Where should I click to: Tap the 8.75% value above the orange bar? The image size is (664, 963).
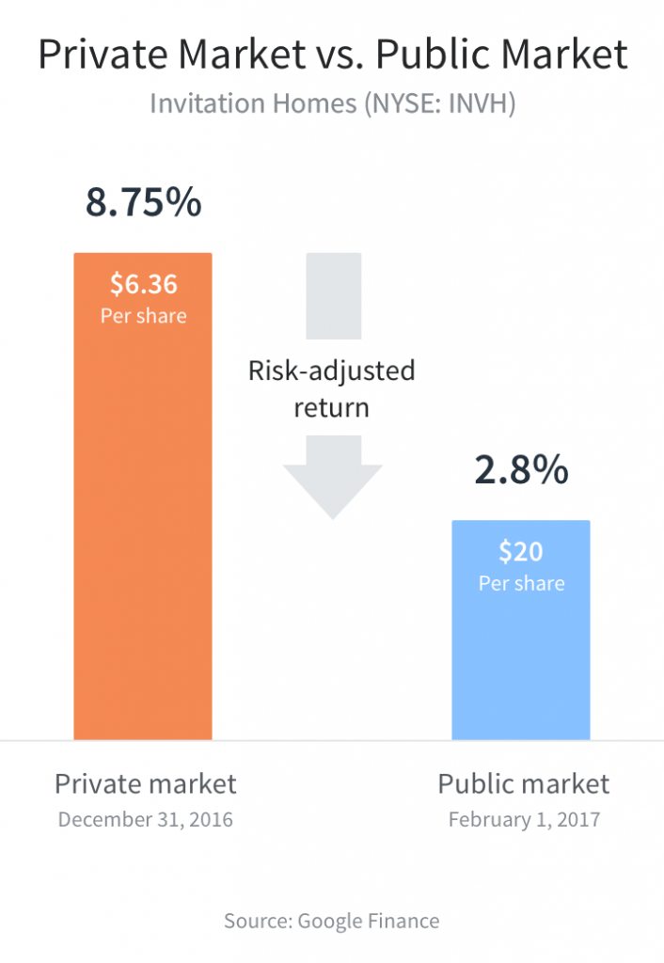coord(144,203)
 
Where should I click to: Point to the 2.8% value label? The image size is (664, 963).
coord(521,470)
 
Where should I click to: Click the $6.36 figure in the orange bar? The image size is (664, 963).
coord(144,283)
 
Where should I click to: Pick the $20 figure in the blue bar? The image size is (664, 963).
coord(521,551)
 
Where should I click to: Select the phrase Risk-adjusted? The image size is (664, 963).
coord(331,371)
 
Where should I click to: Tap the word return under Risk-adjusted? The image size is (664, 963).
coord(331,408)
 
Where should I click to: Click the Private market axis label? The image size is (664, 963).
coord(145,783)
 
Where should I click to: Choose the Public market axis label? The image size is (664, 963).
coord(524,783)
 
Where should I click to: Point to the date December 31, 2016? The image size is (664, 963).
coord(145,819)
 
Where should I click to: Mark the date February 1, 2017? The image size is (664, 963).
coord(524,819)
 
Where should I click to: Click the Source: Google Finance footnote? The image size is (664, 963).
coord(331,921)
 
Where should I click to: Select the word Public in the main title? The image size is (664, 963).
coord(432,56)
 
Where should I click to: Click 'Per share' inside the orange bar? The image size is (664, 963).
coord(144,315)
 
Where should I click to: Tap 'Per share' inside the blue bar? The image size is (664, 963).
coord(521,583)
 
